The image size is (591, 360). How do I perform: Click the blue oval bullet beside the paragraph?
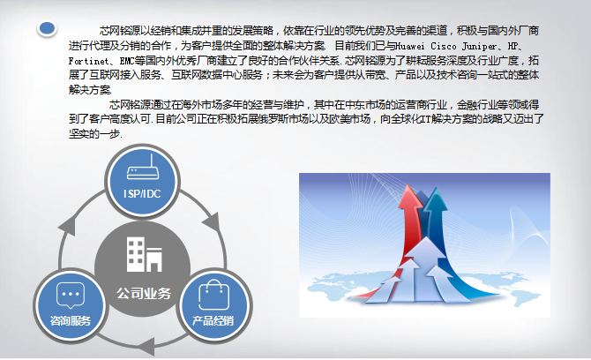click(47, 28)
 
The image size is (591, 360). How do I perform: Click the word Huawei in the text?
click(409, 46)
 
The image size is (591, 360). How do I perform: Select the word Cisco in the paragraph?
click(443, 46)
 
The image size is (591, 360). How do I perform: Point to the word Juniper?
click(480, 47)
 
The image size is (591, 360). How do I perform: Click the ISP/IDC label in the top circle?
click(142, 194)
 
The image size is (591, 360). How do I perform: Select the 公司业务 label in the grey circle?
click(144, 293)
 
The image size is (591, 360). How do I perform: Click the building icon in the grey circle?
click(144, 254)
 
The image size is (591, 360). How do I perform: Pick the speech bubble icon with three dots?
click(71, 296)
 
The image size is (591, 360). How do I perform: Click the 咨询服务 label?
click(71, 321)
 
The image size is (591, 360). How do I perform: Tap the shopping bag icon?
click(214, 295)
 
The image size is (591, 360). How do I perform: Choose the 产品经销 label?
click(213, 321)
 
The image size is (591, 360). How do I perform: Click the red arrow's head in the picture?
click(409, 197)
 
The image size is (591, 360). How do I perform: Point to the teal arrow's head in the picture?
click(435, 199)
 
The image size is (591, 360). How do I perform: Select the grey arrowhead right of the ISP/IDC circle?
click(212, 222)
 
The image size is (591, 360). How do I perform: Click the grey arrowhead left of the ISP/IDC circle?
click(68, 227)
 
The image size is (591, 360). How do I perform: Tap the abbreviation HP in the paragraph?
click(513, 46)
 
